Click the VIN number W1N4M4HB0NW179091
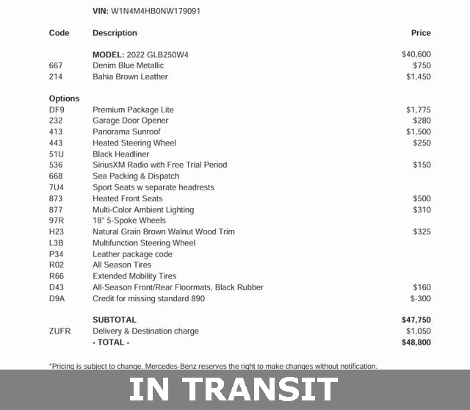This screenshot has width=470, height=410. tap(156, 11)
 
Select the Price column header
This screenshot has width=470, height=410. tap(421, 33)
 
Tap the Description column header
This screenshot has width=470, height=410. tap(115, 33)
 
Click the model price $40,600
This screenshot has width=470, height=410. tap(416, 54)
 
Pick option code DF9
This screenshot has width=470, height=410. tap(57, 109)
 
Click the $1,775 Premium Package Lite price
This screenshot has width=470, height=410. tap(419, 109)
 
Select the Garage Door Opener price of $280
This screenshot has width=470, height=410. tap(422, 121)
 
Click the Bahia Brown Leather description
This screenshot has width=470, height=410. tap(130, 76)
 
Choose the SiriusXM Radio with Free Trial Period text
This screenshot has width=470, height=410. tap(159, 165)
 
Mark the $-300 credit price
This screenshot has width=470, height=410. tap(421, 298)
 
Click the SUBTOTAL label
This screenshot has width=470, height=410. tap(115, 320)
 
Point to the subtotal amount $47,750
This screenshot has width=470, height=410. tap(416, 320)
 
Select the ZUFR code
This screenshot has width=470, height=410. tap(59, 331)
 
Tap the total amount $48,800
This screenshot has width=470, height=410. tap(416, 342)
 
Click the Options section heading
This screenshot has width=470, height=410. tap(64, 98)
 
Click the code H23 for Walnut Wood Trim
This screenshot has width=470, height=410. tap(57, 231)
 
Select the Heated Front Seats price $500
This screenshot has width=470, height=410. tap(422, 198)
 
